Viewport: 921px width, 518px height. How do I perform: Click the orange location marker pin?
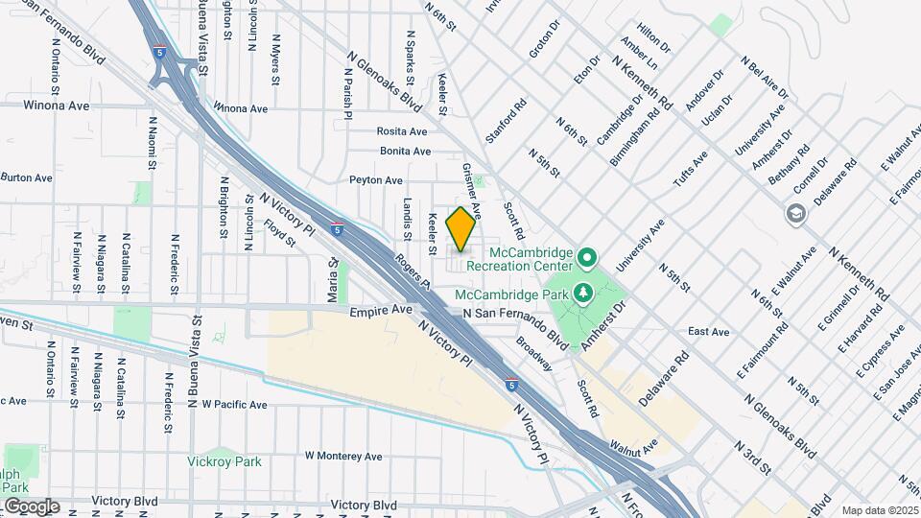460,228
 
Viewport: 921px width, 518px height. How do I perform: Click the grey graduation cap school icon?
794,213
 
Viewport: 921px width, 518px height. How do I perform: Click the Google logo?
32,506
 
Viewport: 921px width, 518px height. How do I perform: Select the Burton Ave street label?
26,177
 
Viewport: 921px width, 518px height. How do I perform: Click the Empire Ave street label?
380,311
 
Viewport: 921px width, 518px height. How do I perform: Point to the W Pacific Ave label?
234,405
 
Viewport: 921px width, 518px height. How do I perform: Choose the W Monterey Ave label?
342,456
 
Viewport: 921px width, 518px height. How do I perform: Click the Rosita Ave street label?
402,131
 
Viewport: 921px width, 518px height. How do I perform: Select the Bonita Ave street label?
405,152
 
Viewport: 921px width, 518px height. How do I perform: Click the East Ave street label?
709,332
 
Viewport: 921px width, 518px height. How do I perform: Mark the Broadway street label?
534,354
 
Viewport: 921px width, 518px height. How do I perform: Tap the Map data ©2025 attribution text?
879,510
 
